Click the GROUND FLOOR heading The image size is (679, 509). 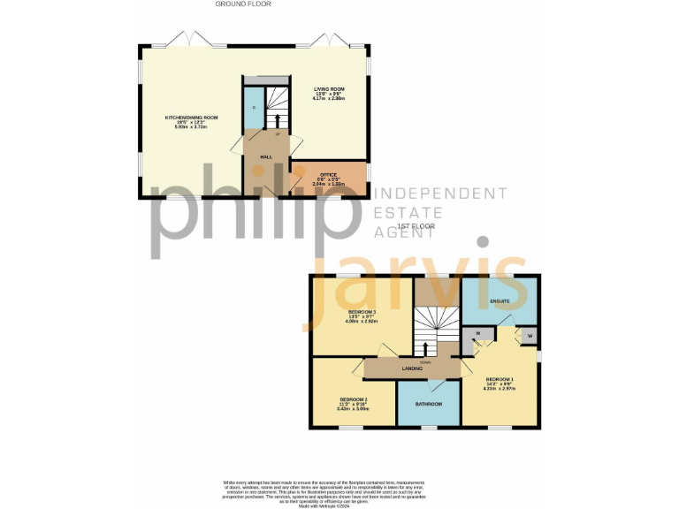pos(243,4)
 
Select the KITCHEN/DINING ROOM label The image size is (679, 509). pos(191,118)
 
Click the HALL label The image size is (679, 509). pos(265,156)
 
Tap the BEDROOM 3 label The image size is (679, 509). pos(362,312)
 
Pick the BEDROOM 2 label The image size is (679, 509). pos(353,399)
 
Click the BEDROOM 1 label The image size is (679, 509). pos(500,379)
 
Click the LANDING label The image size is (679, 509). pos(412,368)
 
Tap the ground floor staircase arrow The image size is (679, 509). pos(278,120)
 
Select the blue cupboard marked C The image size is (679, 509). pos(253,107)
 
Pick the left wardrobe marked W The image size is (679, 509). pos(477,335)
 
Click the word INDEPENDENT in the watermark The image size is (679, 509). pos(442,194)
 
